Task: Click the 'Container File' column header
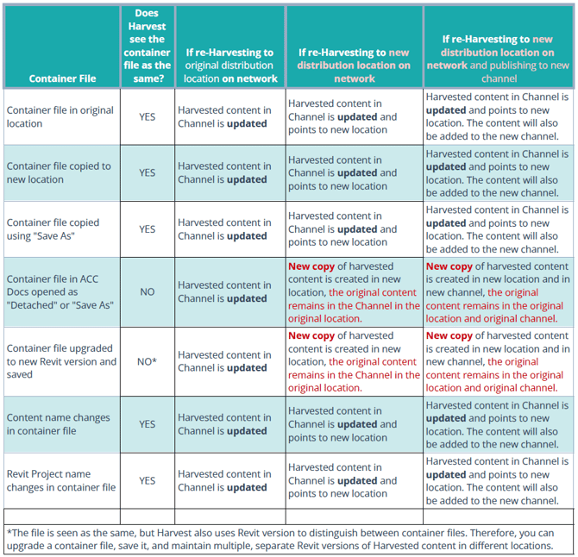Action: coord(62,78)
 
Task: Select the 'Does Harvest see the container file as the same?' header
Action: coord(147,46)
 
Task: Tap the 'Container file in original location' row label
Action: coord(60,116)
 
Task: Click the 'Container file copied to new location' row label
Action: coord(59,172)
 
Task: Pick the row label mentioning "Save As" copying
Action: coord(53,229)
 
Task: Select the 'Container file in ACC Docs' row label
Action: coord(60,291)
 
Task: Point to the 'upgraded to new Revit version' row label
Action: coord(61,361)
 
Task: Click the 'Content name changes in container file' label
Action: coord(59,424)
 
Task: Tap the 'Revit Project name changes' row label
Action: coord(61,480)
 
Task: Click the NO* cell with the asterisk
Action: coord(147,361)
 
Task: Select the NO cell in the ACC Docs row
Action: coord(147,291)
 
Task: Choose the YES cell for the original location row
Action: coord(147,116)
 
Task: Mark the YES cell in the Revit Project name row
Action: coord(147,480)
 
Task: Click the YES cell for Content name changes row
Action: coord(147,424)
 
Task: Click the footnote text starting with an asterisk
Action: coord(280,539)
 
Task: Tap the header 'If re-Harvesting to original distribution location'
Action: coord(230,66)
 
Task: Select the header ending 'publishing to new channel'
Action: coord(498,59)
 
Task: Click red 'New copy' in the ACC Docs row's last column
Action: coord(449,266)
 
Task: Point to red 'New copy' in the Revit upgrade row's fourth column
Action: coord(311,335)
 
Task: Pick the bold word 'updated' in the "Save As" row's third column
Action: coord(247,235)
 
